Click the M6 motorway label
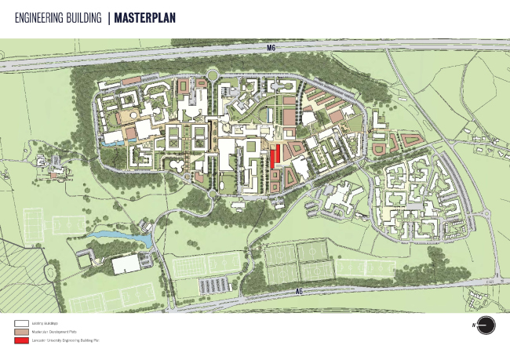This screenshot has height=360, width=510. [x=271, y=49]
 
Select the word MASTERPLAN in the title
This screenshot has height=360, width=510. [x=145, y=16]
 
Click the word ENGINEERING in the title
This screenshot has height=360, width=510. [x=35, y=16]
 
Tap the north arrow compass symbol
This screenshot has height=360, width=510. [x=486, y=325]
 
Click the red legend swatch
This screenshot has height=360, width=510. [x=20, y=340]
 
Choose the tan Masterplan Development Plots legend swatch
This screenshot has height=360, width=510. [x=20, y=332]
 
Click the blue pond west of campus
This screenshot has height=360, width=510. [x=118, y=236]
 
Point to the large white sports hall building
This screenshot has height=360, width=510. [x=126, y=265]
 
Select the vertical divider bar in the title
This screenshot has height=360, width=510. [x=109, y=16]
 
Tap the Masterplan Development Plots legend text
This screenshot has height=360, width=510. [x=54, y=332]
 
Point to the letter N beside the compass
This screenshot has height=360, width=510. [x=474, y=325]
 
